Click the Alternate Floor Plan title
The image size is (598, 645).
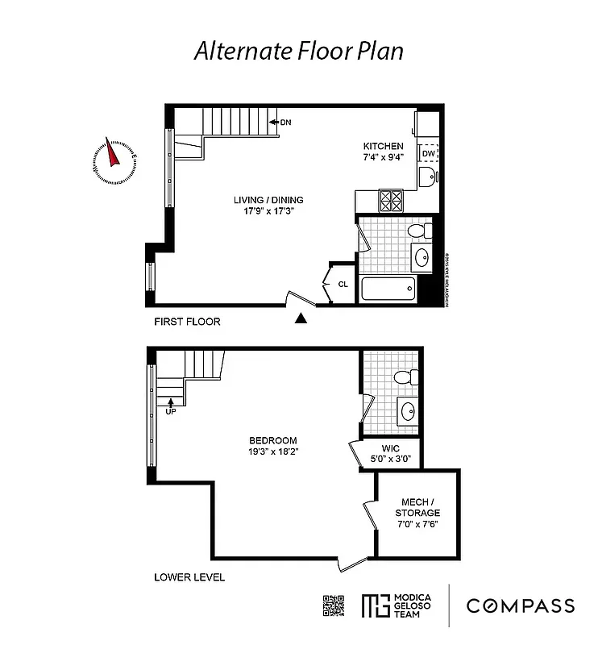(298, 50)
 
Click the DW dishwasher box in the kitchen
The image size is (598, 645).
(428, 153)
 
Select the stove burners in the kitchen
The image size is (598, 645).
(392, 200)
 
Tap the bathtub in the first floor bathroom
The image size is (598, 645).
(388, 288)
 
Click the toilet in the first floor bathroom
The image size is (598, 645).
(419, 231)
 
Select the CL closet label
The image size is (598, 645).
(343, 284)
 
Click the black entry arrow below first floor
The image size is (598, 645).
(301, 319)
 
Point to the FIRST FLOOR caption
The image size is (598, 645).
(187, 322)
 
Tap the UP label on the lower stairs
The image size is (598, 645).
(170, 410)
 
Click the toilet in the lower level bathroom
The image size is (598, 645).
(408, 377)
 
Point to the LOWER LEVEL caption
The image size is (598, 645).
(189, 577)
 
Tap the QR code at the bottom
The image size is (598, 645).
(334, 605)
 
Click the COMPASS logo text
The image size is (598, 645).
(521, 606)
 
